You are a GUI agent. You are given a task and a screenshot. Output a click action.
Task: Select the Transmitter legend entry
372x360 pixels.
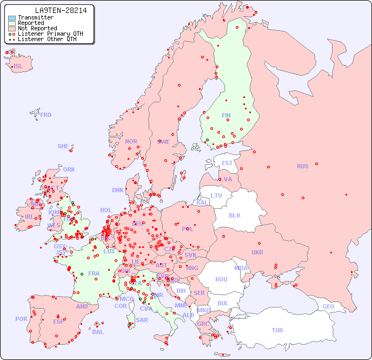35,17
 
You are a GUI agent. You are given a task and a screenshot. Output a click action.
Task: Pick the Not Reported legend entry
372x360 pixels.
37,28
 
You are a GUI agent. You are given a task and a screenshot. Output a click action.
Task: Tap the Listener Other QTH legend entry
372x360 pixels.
48,39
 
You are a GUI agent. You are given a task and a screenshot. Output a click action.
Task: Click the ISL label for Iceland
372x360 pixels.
18,67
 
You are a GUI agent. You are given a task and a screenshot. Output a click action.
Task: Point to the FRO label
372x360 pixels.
46,115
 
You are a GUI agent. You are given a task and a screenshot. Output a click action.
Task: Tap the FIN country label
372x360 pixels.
226,115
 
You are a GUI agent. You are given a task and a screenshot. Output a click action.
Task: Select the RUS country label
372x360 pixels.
302,166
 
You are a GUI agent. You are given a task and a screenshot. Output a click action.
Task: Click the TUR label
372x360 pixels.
277,330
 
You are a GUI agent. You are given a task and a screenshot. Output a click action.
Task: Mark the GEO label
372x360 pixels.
328,306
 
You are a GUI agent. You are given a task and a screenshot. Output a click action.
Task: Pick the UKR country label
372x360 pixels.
257,252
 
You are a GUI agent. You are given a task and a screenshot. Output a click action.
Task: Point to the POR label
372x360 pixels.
21,319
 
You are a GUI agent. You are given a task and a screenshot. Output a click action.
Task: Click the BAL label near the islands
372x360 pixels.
98,332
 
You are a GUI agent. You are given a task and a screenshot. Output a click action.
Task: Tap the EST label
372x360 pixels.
227,163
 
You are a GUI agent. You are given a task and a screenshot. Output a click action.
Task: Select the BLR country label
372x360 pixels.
235,215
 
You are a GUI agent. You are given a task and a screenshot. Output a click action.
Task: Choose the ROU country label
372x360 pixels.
222,279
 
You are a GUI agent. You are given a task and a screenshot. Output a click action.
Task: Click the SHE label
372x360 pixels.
63,146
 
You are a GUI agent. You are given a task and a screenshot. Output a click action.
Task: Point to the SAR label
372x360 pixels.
142,320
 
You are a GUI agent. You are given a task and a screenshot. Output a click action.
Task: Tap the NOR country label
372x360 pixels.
131,141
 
